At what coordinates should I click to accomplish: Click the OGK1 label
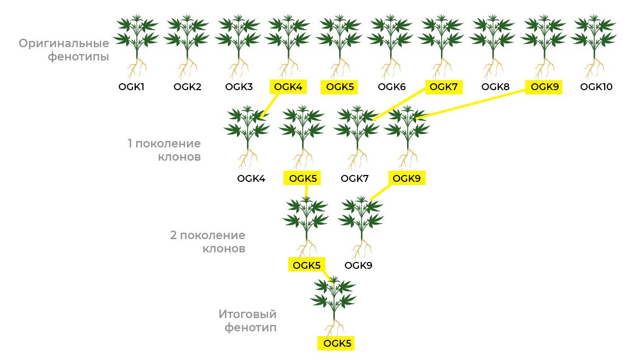[131, 87]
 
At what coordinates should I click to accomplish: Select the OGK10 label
[596, 87]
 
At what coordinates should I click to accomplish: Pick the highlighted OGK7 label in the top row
[444, 87]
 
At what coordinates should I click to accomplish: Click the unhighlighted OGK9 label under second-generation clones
[358, 265]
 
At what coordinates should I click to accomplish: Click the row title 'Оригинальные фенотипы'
[64, 50]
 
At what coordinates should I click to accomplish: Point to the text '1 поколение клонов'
[164, 150]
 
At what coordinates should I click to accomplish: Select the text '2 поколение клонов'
[208, 242]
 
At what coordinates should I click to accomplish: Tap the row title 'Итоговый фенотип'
[248, 321]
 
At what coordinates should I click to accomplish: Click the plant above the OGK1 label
[136, 45]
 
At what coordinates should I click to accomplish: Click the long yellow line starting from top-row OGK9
[472, 104]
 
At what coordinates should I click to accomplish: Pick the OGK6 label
[392, 87]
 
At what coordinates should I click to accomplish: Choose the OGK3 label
[239, 87]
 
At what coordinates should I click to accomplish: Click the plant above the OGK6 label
[391, 45]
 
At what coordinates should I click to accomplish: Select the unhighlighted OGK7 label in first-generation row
[355, 178]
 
